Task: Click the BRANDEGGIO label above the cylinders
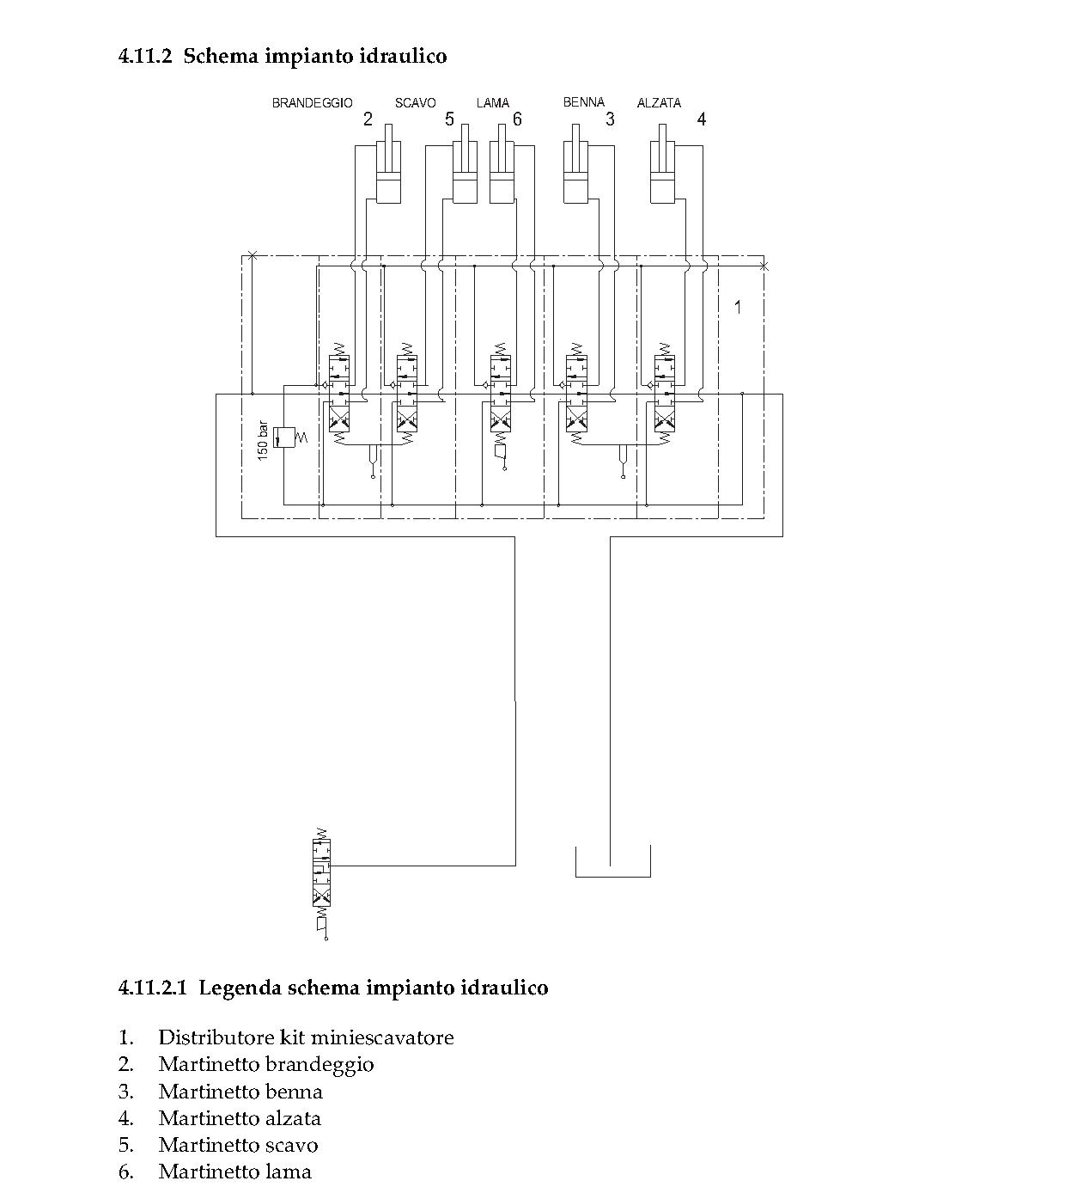312,103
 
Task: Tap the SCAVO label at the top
415,103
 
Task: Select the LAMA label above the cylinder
492,103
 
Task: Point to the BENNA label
584,102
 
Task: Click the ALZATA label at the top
659,103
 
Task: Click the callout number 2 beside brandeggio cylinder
368,119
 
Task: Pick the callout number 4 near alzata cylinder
701,119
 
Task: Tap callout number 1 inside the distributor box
737,306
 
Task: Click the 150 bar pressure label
264,439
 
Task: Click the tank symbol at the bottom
612,862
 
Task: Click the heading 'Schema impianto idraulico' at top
314,57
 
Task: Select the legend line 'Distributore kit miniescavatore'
306,1037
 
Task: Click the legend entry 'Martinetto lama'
234,1172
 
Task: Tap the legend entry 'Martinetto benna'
240,1092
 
